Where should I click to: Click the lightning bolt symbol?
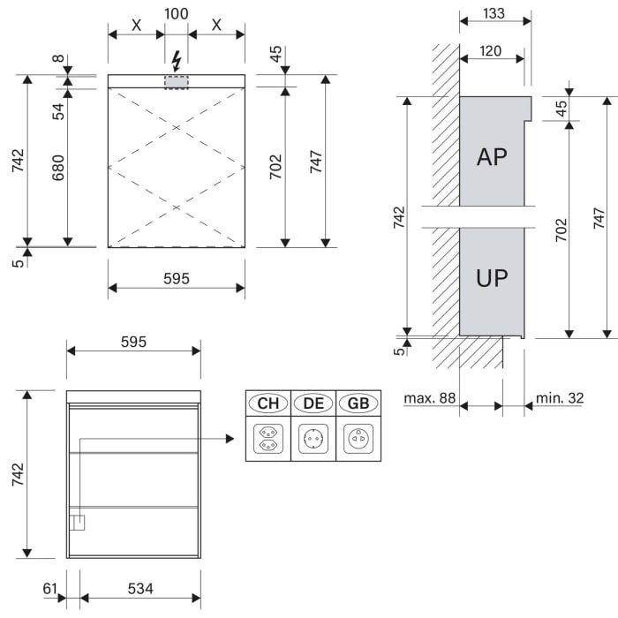[177, 61]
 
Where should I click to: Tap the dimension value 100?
[177, 14]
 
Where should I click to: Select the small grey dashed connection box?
[177, 81]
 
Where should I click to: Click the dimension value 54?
[58, 110]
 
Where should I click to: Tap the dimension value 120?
[492, 51]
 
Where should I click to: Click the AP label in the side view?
[492, 157]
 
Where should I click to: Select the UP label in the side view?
[492, 278]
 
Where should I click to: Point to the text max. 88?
[430, 398]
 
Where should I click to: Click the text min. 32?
[560, 398]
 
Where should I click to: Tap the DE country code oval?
[313, 403]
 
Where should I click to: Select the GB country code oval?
[358, 403]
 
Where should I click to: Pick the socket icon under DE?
[313, 438]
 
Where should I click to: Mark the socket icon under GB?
[358, 438]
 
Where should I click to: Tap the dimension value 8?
[58, 60]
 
